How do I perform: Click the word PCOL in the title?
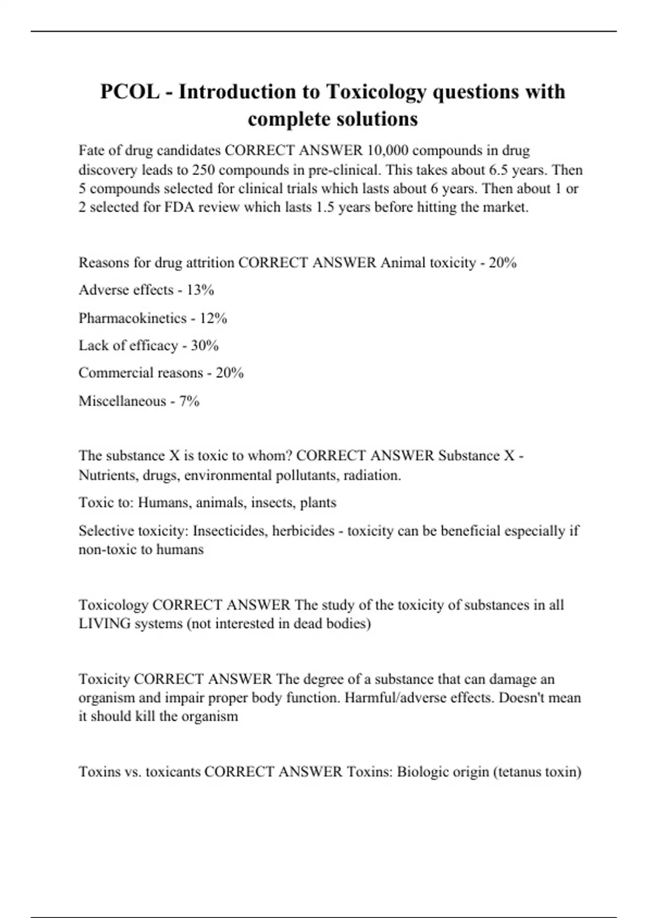tap(130, 92)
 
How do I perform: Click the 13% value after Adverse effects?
tap(200, 290)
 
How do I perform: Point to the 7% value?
tap(190, 401)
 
